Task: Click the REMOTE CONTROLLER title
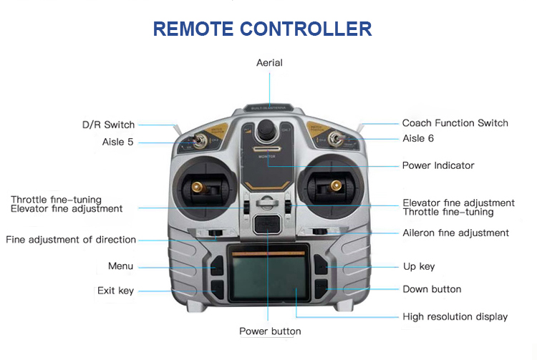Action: coord(262,29)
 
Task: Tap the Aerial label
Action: coord(269,63)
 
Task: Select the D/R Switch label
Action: coord(107,125)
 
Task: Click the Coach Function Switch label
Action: coord(455,123)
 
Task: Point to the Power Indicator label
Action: coord(438,165)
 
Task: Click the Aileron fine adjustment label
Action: coord(455,233)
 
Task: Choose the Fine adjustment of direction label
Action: coord(71,240)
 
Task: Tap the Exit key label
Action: coord(115,291)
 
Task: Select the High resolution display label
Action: coord(455,316)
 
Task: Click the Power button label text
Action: coord(270,331)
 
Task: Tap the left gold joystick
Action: coord(197,188)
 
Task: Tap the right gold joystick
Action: coord(334,188)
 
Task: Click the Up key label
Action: coord(419,266)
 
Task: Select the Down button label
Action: coord(432,289)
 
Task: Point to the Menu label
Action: coord(120,266)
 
